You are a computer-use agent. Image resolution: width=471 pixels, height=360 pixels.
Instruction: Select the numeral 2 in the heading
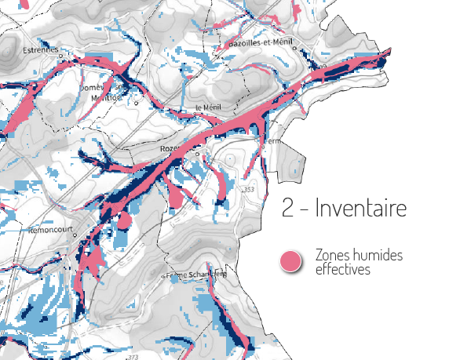[288, 209]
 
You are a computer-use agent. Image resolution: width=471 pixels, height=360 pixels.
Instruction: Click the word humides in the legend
[374, 256]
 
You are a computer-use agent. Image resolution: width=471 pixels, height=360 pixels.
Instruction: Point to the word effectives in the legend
[342, 269]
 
